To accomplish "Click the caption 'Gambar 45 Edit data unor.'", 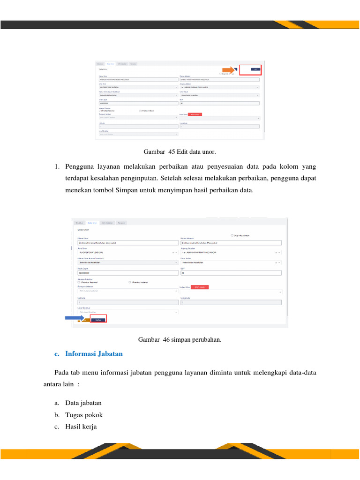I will tap(180, 152).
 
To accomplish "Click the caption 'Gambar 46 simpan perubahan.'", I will tap(180, 339).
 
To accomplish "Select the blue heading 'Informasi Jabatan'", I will tap(94, 354).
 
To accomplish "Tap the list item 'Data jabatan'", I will tap(83, 403).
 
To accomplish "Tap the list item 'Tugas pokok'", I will tap(84, 415).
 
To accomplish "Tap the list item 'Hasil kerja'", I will tap(81, 427).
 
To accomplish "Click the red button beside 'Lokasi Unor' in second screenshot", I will tap(200, 287).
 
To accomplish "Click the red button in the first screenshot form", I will tap(195, 114).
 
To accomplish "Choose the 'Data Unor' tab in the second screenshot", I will tap(93, 223).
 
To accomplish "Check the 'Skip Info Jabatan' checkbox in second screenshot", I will tap(232, 235).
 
